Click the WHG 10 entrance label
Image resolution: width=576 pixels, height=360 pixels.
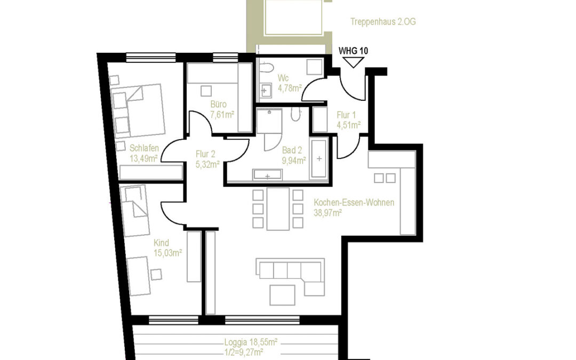click(x=353, y=51)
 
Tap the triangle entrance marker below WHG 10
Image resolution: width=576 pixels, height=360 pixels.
click(x=353, y=62)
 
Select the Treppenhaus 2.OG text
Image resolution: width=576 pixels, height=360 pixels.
click(x=383, y=22)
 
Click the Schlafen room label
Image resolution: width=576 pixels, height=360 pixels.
click(x=144, y=148)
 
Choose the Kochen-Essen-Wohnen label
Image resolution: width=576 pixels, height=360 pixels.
click(x=354, y=203)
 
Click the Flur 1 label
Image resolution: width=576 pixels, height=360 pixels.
click(x=346, y=115)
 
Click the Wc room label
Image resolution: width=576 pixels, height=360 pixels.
click(x=283, y=77)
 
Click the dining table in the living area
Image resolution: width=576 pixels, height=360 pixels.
click(x=278, y=209)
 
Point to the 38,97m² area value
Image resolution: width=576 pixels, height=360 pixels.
click(x=328, y=212)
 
